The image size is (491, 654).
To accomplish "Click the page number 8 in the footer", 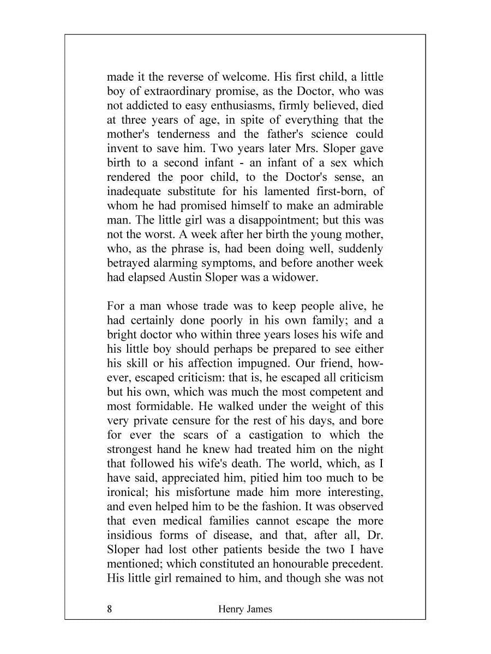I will click(110, 609).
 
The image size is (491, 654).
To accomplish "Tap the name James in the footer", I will click(256, 609).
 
